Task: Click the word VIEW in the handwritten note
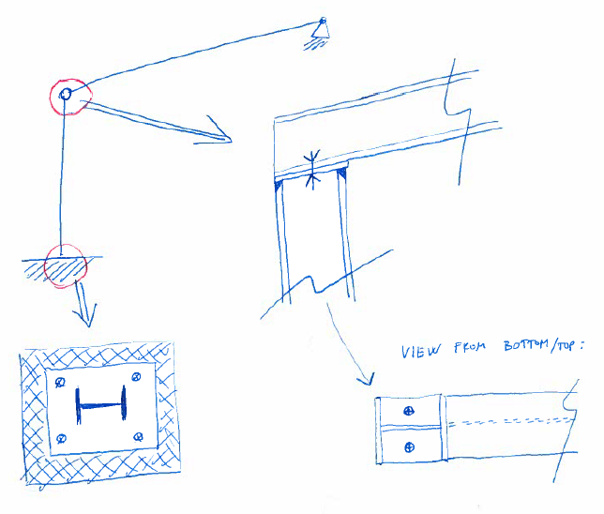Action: (x=420, y=351)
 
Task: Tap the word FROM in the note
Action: (x=470, y=347)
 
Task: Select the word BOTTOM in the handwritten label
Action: (x=526, y=345)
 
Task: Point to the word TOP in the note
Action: (x=566, y=345)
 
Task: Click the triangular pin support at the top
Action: (x=321, y=30)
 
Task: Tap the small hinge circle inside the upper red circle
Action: (x=66, y=94)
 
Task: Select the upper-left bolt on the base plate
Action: (x=60, y=383)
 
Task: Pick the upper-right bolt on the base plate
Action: (x=136, y=377)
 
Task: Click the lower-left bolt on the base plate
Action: (x=61, y=438)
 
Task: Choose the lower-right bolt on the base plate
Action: (x=138, y=437)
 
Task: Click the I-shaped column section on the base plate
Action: (x=101, y=405)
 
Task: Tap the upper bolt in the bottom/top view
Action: (x=409, y=411)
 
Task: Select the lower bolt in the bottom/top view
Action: (x=410, y=447)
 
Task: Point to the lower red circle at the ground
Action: (x=46, y=265)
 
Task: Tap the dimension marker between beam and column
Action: (x=312, y=170)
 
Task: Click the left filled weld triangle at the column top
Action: (x=279, y=185)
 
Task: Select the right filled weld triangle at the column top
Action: (x=341, y=174)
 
